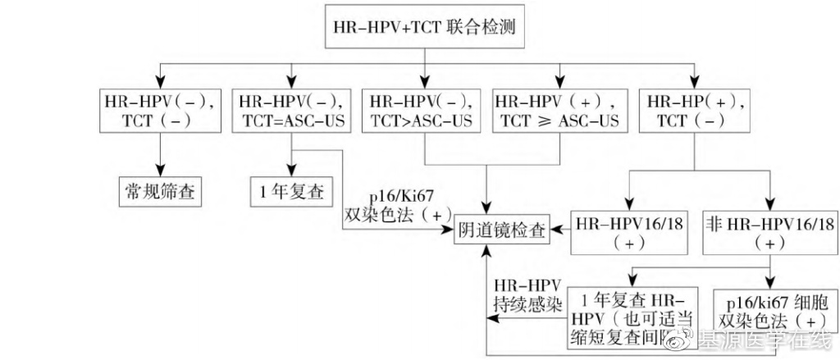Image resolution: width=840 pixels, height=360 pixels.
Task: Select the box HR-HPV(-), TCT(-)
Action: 159,111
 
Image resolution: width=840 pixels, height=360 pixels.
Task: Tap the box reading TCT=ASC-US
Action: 292,111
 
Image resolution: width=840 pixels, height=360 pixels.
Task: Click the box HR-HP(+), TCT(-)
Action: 692,111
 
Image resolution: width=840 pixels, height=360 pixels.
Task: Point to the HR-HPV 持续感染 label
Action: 527,294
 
